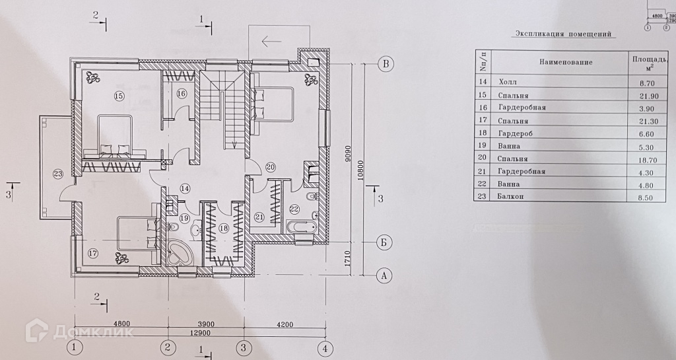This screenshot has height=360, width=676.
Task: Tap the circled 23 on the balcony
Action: pyautogui.click(x=57, y=174)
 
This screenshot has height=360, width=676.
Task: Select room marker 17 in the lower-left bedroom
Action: pyautogui.click(x=92, y=252)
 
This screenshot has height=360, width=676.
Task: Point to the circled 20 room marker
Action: pyautogui.click(x=270, y=166)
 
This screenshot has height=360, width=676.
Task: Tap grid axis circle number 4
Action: pyautogui.click(x=323, y=347)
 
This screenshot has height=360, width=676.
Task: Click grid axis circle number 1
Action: pyautogui.click(x=76, y=347)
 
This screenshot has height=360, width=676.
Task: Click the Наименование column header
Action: pyautogui.click(x=566, y=62)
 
